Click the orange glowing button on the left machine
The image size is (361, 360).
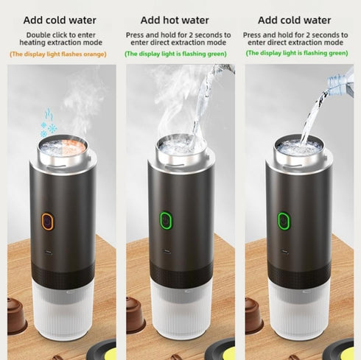(46, 221)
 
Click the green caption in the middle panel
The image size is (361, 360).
(178, 53)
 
